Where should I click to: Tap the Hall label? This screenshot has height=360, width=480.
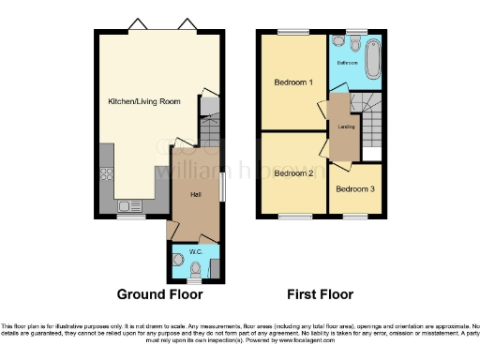[196, 194]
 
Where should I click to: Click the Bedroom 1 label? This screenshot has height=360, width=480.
[292, 82]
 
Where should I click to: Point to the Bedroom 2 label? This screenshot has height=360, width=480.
[292, 173]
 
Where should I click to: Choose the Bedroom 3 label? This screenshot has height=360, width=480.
[355, 189]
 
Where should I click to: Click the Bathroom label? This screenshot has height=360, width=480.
[348, 62]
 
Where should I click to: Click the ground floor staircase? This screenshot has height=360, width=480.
[211, 123]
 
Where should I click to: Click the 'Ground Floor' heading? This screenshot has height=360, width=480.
[159, 294]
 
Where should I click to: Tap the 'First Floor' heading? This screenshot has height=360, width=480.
[320, 294]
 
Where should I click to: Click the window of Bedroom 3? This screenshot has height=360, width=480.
[355, 216]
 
